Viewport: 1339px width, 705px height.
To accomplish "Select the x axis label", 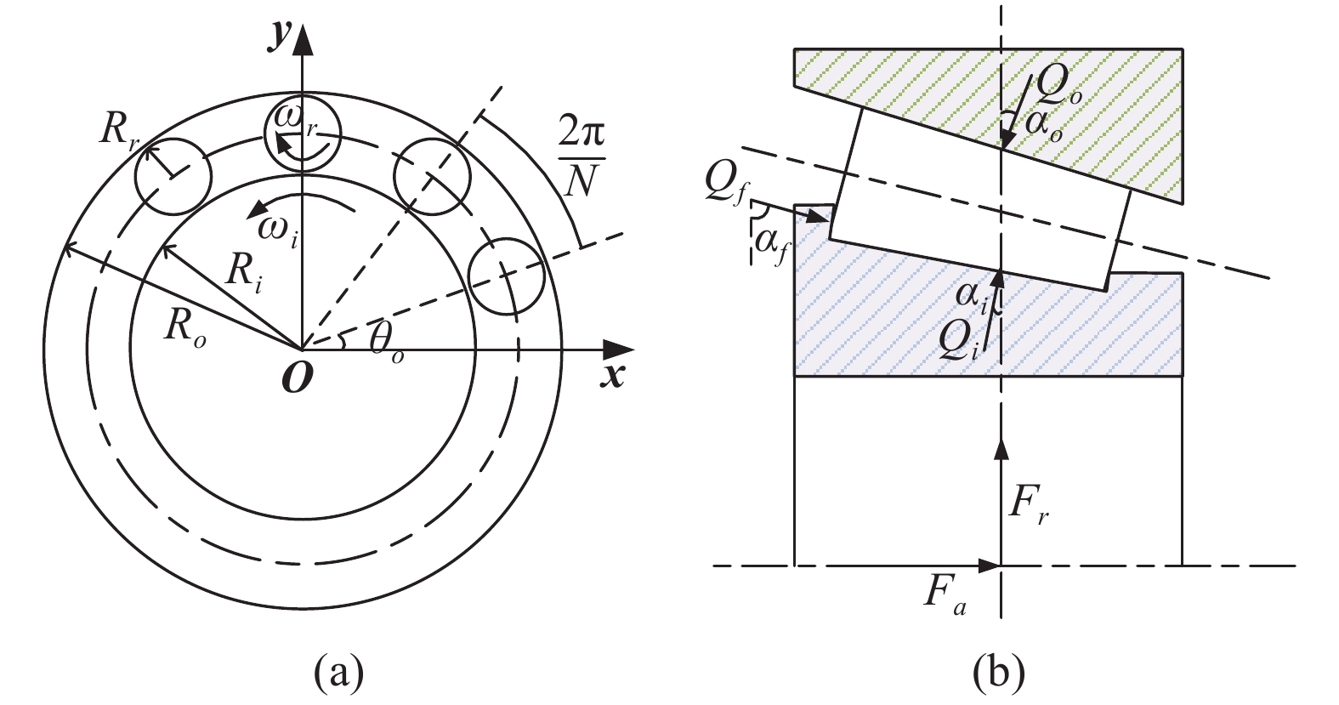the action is (x=612, y=376).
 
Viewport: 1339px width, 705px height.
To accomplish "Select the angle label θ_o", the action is (x=386, y=344).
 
